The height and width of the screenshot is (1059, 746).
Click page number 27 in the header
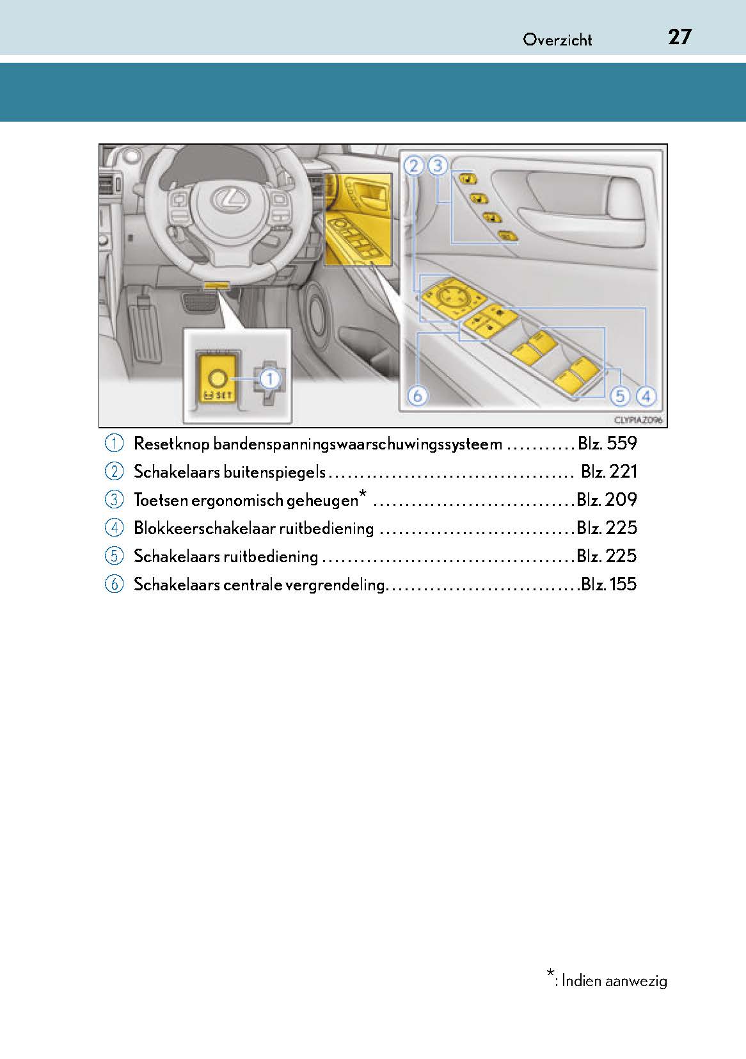point(679,37)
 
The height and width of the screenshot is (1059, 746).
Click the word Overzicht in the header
point(557,40)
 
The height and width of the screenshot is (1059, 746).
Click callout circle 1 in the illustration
point(270,379)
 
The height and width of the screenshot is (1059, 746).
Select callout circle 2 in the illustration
point(414,166)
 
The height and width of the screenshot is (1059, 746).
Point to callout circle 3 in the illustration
point(438,166)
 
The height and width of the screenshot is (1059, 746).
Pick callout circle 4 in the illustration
point(646,396)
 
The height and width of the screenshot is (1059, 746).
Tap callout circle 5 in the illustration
point(620,396)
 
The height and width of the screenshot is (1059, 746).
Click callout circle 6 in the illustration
point(418,396)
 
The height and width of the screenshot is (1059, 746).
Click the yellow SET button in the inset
point(216,382)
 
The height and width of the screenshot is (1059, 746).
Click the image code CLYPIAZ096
point(637,420)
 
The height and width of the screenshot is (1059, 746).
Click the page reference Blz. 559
point(607,444)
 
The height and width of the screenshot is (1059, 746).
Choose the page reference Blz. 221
point(608,472)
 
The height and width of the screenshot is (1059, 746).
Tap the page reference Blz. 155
point(608,584)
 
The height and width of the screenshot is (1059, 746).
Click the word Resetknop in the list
point(171,444)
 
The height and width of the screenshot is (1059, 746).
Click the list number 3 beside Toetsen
point(114,500)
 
